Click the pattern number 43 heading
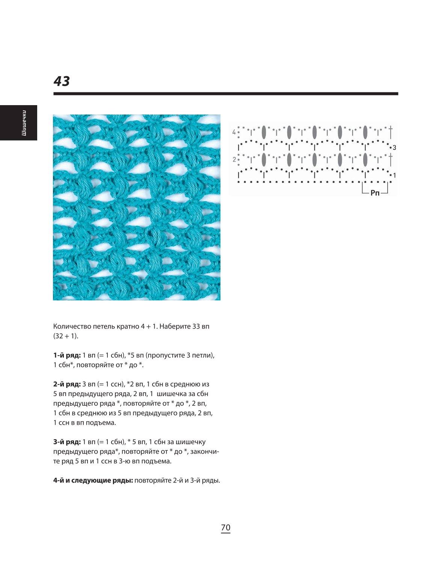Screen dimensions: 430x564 [x=62, y=81]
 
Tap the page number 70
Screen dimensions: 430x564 [x=226, y=528]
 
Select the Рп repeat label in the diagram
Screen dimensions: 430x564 [x=375, y=193]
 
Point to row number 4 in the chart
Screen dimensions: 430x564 [x=234, y=132]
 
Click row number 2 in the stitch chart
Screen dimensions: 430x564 [x=234, y=160]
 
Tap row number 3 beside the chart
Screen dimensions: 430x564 [x=394, y=148]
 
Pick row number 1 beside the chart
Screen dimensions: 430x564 [x=395, y=175]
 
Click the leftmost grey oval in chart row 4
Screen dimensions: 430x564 [x=264, y=132]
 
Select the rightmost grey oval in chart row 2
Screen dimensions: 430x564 [x=365, y=160]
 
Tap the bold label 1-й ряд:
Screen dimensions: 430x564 [x=67, y=355]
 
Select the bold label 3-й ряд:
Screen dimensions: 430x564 [x=67, y=442]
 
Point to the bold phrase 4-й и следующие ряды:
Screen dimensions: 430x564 [x=93, y=481]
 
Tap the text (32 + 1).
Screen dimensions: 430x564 [x=66, y=336]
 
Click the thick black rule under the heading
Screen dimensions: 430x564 [x=226, y=94]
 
